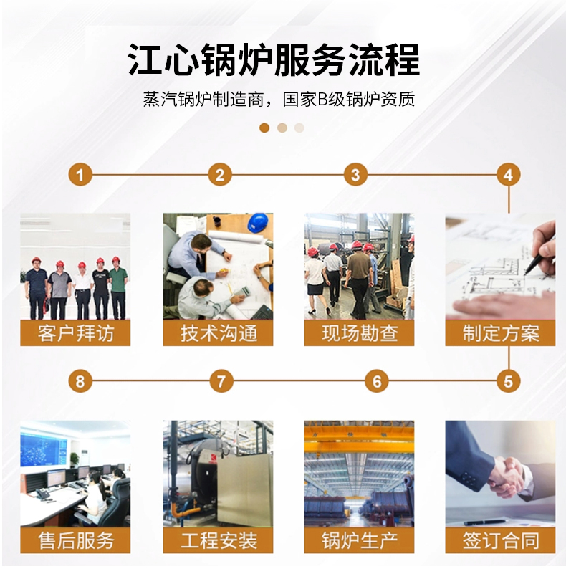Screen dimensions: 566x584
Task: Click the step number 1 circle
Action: [80, 175]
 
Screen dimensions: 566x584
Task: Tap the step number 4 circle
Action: [509, 175]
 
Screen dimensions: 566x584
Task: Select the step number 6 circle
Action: [377, 381]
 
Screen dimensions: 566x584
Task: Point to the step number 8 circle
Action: [80, 381]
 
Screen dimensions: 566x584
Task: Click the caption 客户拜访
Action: [76, 333]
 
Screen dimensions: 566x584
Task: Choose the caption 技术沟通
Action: [219, 333]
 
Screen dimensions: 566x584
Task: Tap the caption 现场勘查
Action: [360, 333]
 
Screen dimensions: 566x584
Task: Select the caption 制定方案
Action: [501, 333]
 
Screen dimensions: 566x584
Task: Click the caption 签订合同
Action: [501, 540]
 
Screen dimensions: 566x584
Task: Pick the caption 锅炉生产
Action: [360, 540]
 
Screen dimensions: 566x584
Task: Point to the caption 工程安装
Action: [219, 540]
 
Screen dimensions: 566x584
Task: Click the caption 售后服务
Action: [76, 540]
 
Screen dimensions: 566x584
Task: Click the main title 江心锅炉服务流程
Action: [274, 60]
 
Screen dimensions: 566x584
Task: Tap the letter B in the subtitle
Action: [322, 100]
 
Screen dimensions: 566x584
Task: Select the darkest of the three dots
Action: [264, 128]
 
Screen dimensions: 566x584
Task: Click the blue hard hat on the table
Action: [258, 223]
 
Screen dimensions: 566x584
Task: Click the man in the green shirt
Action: [117, 288]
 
